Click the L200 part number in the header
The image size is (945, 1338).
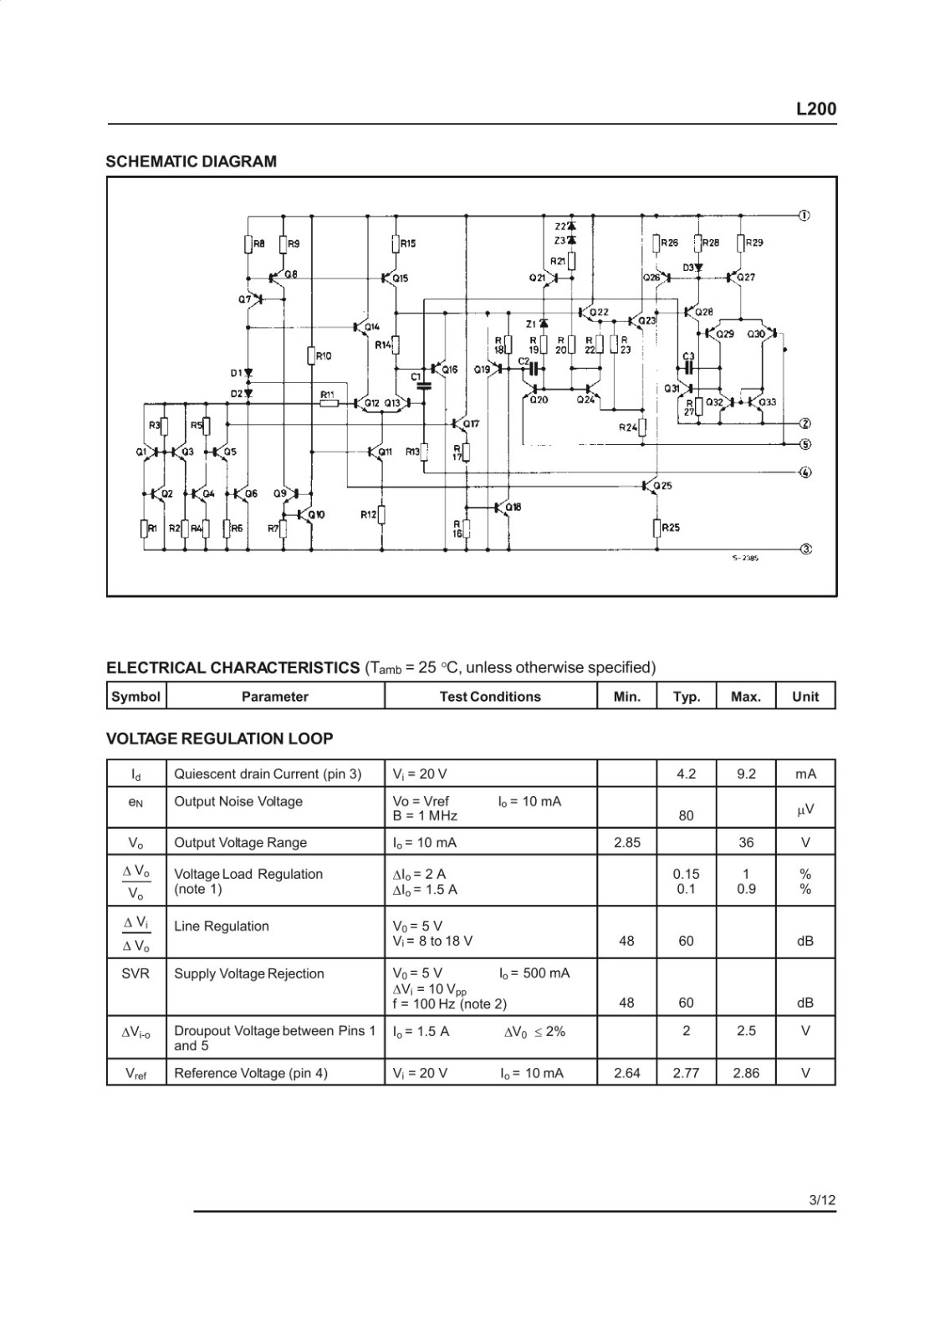(x=816, y=109)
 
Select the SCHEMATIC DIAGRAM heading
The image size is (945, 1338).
(x=192, y=161)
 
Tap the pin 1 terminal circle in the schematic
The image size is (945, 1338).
(x=805, y=216)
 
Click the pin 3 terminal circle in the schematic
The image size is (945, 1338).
(x=805, y=549)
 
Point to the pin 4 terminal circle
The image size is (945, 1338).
(x=805, y=472)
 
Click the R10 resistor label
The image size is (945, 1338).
(x=324, y=356)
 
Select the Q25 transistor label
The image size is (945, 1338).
(x=663, y=486)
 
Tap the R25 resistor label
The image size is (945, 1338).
(x=670, y=528)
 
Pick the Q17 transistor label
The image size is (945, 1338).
(x=472, y=424)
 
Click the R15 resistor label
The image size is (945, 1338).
(x=408, y=243)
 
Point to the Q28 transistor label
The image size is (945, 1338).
(x=704, y=312)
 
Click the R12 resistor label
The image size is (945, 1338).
(x=369, y=514)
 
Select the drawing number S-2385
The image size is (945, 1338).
(x=745, y=559)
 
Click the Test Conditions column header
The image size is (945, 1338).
(x=490, y=697)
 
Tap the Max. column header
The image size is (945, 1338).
(x=746, y=697)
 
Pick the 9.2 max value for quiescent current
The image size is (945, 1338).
(x=746, y=774)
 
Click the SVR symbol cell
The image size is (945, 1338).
(x=135, y=973)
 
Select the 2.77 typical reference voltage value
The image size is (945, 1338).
(x=686, y=1074)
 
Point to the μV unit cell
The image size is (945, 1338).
(x=805, y=809)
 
